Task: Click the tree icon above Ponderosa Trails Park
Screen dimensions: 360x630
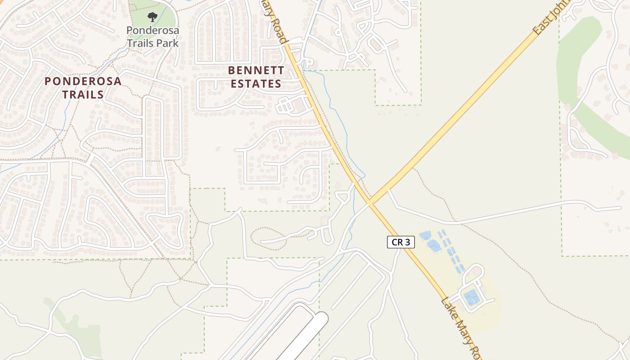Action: [x=153, y=17]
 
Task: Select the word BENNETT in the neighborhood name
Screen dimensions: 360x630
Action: [x=256, y=71]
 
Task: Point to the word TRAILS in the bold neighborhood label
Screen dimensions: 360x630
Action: [x=83, y=94]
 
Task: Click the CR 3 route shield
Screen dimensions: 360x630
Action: [x=400, y=242]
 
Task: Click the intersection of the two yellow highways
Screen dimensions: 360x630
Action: [x=370, y=202]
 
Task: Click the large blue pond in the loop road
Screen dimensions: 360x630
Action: [x=472, y=297]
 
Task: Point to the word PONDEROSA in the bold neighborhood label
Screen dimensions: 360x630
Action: [x=83, y=81]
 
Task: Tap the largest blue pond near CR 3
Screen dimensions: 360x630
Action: [x=434, y=245]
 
